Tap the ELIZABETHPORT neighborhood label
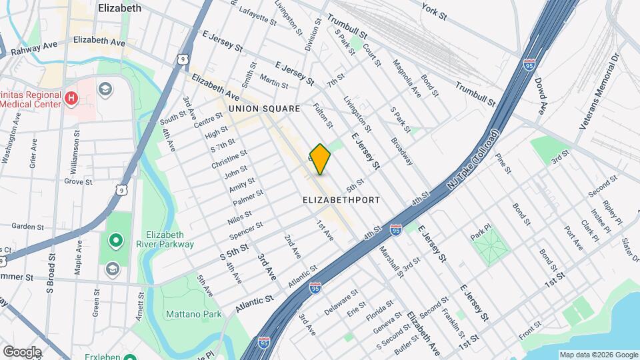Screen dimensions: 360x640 coord(341,200)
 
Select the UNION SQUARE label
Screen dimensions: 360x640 coord(265,108)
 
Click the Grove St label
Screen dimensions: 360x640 coord(78,181)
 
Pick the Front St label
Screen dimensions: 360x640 coord(531,329)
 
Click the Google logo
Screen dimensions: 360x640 coord(21,351)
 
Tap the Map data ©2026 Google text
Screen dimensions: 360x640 coord(598,355)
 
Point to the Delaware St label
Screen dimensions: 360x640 coord(341,302)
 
